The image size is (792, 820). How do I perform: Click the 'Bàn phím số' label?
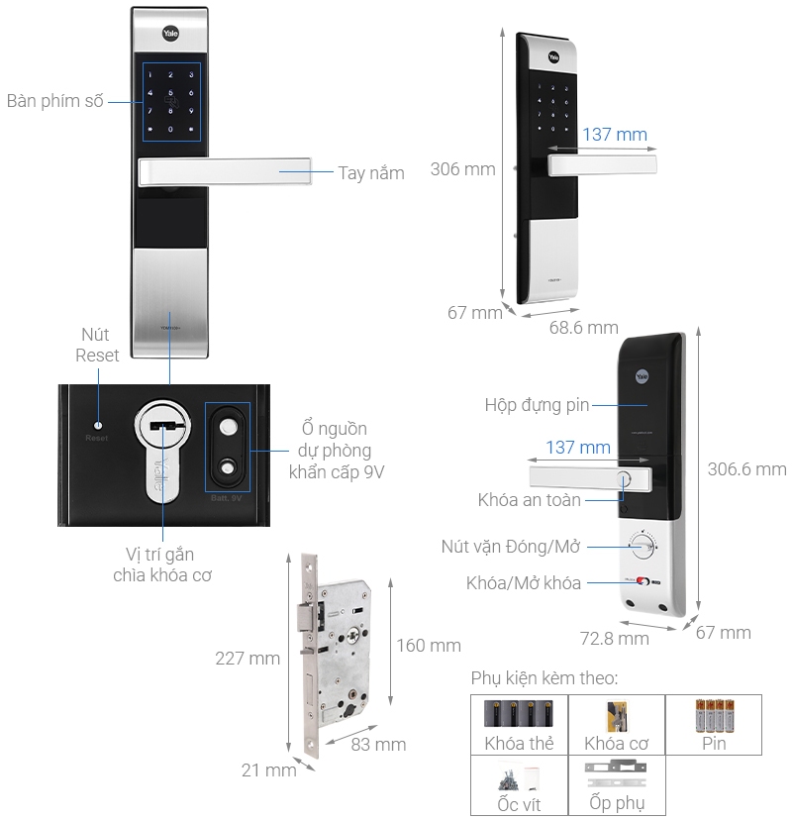[x=54, y=102]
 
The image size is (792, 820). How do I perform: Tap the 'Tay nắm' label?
[x=371, y=173]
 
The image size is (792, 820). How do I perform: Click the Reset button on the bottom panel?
[x=97, y=421]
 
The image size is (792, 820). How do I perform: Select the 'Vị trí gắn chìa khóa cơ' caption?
[x=160, y=564]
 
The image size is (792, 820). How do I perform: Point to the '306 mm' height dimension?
[x=462, y=169]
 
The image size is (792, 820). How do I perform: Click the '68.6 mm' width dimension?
[x=583, y=328]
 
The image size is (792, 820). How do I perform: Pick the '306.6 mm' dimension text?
[x=746, y=469]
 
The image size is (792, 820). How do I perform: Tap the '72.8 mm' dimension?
[x=614, y=639]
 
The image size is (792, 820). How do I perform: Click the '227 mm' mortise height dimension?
[x=247, y=658]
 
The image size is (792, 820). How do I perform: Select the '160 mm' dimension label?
[x=429, y=646]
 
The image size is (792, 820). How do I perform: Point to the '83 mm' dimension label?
[x=378, y=745]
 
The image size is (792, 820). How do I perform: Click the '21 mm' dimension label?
[x=268, y=769]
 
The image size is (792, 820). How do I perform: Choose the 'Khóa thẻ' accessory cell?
[x=519, y=724]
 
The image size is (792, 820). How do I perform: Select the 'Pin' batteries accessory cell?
[x=714, y=724]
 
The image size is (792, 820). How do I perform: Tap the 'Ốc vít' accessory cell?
[x=519, y=786]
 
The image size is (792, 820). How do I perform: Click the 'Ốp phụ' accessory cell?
[x=616, y=786]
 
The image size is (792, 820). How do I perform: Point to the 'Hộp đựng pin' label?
[x=537, y=405]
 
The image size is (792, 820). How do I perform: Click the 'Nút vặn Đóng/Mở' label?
[x=509, y=547]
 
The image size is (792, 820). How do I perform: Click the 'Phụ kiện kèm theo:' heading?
[x=544, y=678]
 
